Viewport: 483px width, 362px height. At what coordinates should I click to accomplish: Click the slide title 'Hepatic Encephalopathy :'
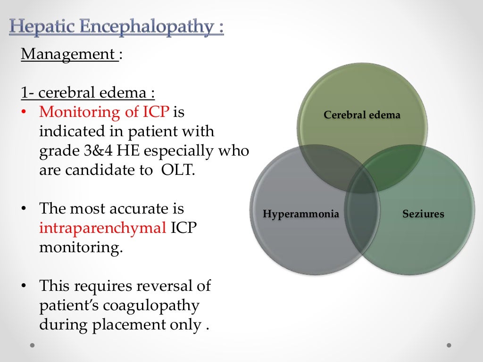click(x=116, y=26)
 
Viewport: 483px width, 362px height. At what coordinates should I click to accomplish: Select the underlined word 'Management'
click(x=68, y=54)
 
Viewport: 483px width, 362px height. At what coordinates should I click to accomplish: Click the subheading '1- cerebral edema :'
click(x=88, y=93)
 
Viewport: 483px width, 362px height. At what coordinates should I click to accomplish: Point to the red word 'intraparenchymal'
click(x=102, y=228)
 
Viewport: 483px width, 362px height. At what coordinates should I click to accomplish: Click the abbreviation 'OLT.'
click(x=177, y=170)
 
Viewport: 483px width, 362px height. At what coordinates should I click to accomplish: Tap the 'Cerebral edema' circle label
click(x=362, y=115)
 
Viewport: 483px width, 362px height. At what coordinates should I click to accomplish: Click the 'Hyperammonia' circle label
click(x=301, y=214)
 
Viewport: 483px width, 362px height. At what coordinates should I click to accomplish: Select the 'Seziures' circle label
click(x=423, y=214)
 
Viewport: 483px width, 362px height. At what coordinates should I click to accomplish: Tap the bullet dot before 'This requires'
click(x=23, y=286)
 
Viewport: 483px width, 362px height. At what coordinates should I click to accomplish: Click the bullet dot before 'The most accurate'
click(x=23, y=209)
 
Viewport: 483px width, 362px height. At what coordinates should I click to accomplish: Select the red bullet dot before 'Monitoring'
click(x=23, y=112)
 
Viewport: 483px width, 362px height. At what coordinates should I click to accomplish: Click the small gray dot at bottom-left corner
click(x=32, y=345)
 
